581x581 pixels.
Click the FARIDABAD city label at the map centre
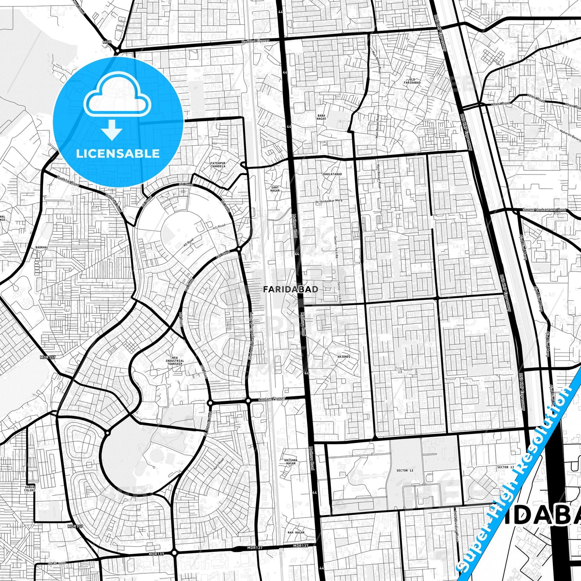click(x=291, y=289)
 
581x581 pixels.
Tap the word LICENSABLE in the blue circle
click(x=118, y=154)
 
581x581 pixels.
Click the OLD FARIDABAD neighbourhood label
click(x=412, y=81)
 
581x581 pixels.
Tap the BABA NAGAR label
click(x=321, y=117)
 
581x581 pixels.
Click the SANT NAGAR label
click(x=275, y=189)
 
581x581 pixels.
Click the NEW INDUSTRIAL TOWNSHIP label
click(x=175, y=361)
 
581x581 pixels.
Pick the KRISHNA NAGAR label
click(x=290, y=462)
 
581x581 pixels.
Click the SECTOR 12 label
click(x=404, y=470)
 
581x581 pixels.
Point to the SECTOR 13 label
click(x=505, y=467)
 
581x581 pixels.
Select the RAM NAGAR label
click(x=296, y=532)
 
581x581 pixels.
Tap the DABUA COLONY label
click(x=30, y=489)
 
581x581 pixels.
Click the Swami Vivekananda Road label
click(x=544, y=209)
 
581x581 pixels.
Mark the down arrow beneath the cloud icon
click(x=112, y=129)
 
